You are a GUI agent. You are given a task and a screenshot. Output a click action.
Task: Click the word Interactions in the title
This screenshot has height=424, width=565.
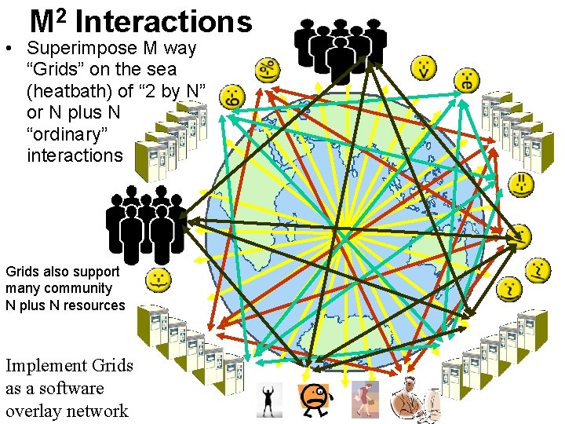pyautogui.click(x=163, y=22)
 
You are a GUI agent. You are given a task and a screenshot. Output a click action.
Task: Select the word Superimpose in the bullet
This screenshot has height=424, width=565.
pyautogui.click(x=86, y=49)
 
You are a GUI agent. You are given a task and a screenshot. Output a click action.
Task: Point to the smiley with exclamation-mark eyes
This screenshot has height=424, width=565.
pyautogui.click(x=521, y=185)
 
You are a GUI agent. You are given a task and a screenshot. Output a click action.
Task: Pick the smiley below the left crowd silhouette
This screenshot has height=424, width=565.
pyautogui.click(x=159, y=279)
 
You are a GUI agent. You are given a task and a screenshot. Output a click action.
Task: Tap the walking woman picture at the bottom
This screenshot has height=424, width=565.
pyautogui.click(x=365, y=400)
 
